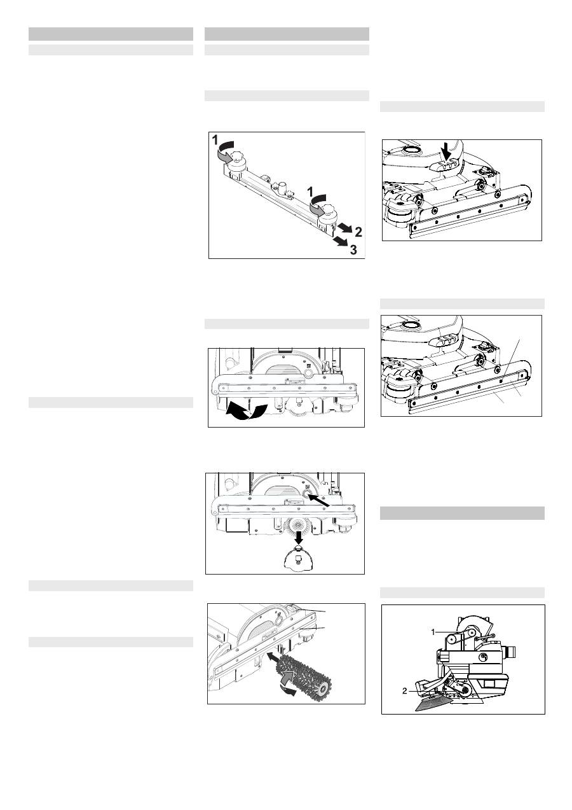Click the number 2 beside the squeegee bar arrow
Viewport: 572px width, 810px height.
click(358, 232)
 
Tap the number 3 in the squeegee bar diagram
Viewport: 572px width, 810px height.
click(353, 249)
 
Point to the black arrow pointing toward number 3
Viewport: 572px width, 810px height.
click(341, 241)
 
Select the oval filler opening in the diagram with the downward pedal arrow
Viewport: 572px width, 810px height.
click(410, 149)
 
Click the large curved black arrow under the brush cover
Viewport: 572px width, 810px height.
click(246, 412)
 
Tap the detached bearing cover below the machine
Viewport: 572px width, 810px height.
click(299, 559)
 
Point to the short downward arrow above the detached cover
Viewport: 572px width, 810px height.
click(299, 538)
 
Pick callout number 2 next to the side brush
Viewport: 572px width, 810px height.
click(405, 691)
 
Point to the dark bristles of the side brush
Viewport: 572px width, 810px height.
click(432, 703)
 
